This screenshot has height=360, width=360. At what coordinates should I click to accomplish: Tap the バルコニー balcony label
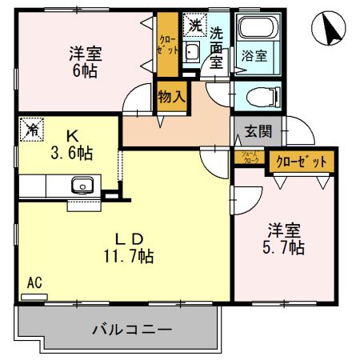tap(132, 329)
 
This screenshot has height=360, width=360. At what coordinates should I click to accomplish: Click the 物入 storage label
tap(170, 98)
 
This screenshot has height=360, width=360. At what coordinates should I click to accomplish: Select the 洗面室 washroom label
tap(218, 48)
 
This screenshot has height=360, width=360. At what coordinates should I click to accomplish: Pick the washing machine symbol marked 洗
tap(194, 26)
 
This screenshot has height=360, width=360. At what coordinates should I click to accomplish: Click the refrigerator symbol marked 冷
tap(32, 128)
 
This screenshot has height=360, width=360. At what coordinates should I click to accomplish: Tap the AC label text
tap(34, 282)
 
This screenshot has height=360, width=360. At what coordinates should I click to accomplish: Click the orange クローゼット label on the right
tap(302, 162)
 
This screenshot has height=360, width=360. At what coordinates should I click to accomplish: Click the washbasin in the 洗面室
tap(192, 54)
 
